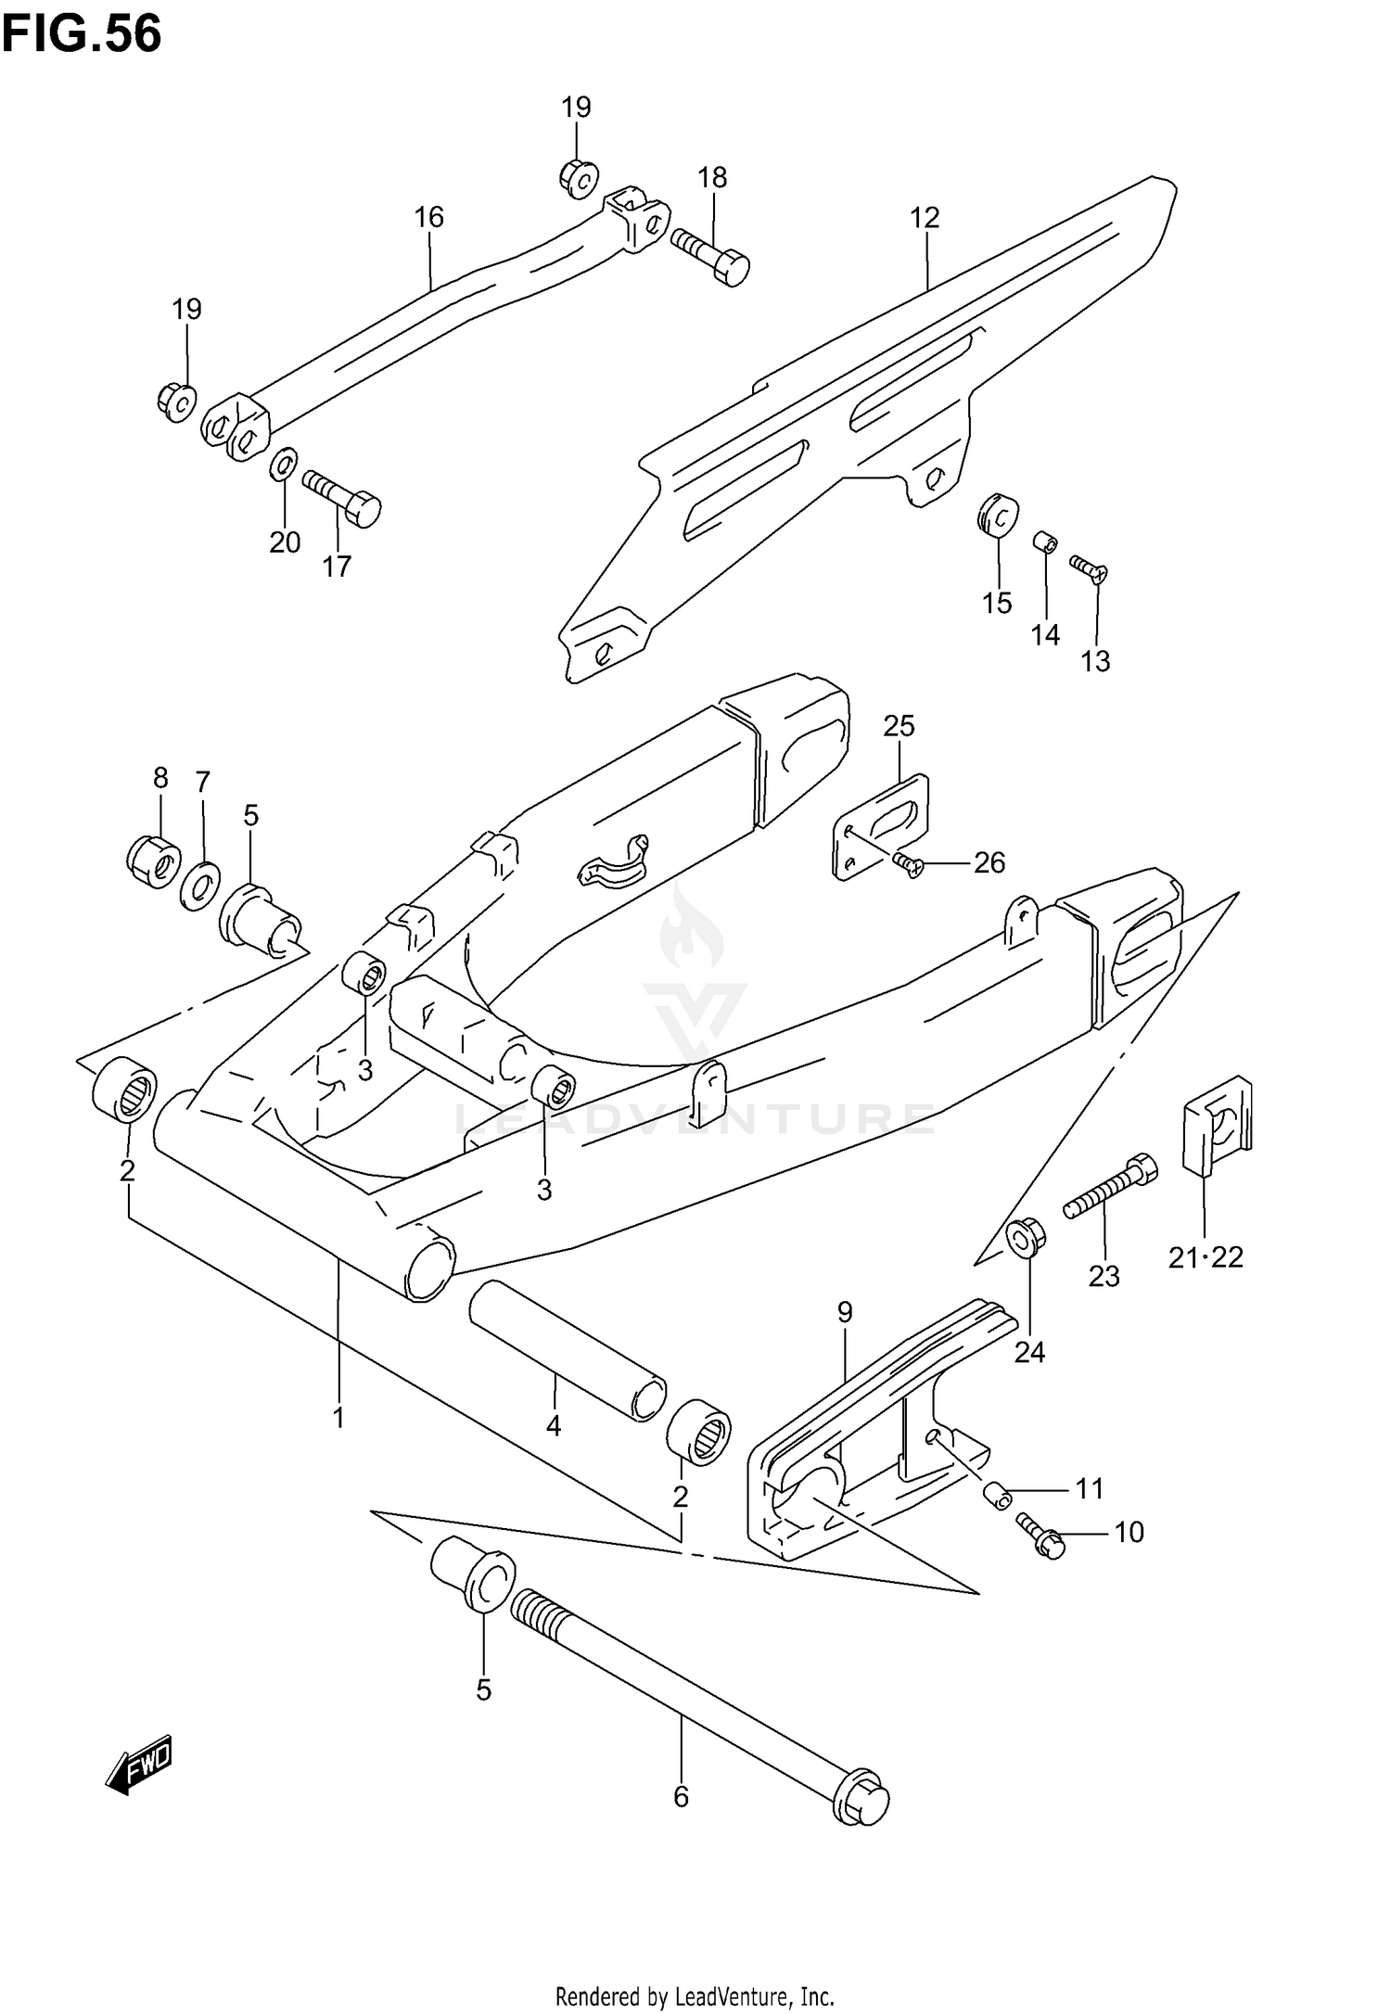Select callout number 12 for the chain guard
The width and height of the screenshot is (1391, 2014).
[x=925, y=217]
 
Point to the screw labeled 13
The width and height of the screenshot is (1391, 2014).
[x=1090, y=568]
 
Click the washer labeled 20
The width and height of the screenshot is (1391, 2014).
[x=284, y=465]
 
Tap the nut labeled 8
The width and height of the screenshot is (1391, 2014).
[x=154, y=860]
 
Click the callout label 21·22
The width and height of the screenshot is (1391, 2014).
[x=1205, y=1257]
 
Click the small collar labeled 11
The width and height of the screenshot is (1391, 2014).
[x=997, y=1494]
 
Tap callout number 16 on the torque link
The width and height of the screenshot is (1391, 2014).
[x=428, y=217]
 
